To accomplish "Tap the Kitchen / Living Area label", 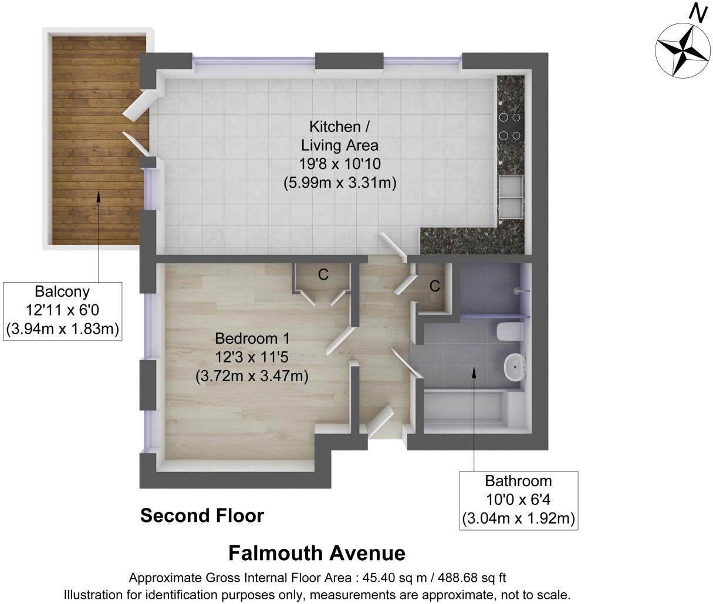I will [340, 135].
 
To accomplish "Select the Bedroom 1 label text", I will [252, 338].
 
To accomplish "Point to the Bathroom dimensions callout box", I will [518, 500].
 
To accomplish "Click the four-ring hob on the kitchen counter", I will [509, 126].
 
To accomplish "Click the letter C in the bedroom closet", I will [323, 274].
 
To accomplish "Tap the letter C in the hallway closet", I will [434, 286].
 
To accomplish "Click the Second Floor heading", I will [202, 516].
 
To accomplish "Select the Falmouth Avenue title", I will [316, 553].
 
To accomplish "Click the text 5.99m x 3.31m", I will [340, 183].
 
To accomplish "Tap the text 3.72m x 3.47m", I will [252, 376].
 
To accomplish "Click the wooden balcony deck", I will [97, 141].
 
